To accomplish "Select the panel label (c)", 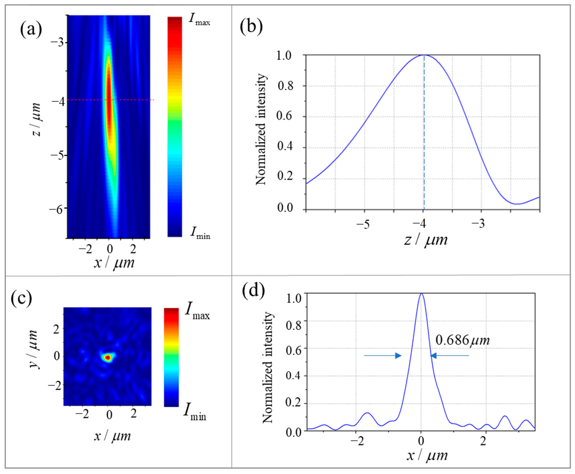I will coord(21,298).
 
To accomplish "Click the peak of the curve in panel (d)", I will coord(421,293).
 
